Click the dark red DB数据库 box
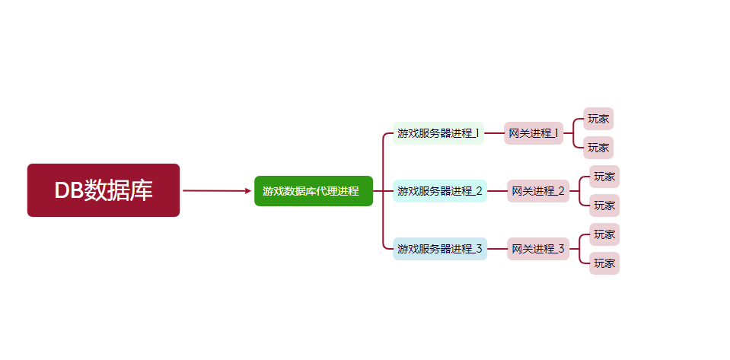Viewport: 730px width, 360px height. pyautogui.click(x=104, y=190)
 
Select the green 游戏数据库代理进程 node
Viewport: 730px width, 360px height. pyautogui.click(x=313, y=191)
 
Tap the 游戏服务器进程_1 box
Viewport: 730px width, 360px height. pyautogui.click(x=438, y=133)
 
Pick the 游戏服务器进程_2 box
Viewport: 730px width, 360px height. pyautogui.click(x=440, y=191)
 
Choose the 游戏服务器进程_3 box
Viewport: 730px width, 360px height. pyautogui.click(x=440, y=249)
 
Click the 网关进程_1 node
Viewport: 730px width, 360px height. pyautogui.click(x=534, y=133)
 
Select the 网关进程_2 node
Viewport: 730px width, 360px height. pyautogui.click(x=538, y=191)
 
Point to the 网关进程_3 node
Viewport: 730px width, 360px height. pyautogui.click(x=538, y=249)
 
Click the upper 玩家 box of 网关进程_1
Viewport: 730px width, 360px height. pyautogui.click(x=598, y=119)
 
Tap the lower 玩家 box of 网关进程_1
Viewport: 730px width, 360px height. pyautogui.click(x=598, y=148)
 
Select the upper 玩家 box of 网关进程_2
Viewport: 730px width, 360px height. pyautogui.click(x=604, y=177)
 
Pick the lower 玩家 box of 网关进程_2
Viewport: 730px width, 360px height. pyautogui.click(x=604, y=205)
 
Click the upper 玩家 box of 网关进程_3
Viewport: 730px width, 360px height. pyautogui.click(x=604, y=234)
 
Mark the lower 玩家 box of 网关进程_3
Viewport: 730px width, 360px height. pyautogui.click(x=604, y=263)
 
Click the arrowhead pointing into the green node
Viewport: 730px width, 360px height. pyautogui.click(x=248, y=191)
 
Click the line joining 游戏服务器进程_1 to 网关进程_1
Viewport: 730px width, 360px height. pyautogui.click(x=494, y=133)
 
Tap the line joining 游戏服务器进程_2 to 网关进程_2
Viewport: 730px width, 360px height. pyautogui.click(x=497, y=191)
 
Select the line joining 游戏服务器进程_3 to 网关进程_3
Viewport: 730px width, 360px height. pyautogui.click(x=497, y=249)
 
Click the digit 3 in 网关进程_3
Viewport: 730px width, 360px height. pyautogui.click(x=562, y=249)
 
